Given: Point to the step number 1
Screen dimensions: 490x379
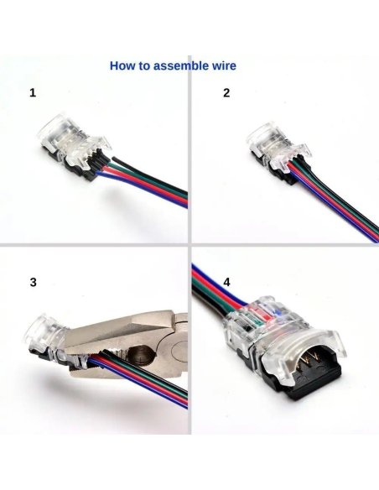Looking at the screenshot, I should point(33,92).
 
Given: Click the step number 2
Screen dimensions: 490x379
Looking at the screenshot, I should point(226,92).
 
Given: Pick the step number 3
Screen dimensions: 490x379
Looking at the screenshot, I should point(33,282).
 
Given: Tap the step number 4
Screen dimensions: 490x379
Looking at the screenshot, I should point(226,282).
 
